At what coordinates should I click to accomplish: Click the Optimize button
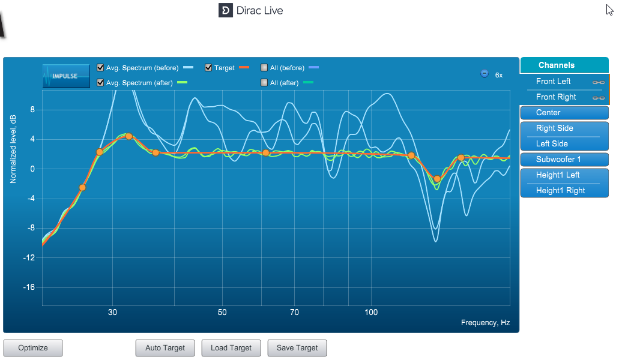(33, 348)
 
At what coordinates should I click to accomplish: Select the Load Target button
(231, 348)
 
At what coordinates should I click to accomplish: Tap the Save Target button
(297, 348)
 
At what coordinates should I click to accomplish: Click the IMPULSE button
(66, 76)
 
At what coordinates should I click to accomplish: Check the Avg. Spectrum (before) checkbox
(100, 68)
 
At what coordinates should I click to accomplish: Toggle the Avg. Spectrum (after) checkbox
(100, 82)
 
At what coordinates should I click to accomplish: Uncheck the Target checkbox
(208, 68)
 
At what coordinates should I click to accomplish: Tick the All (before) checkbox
(264, 68)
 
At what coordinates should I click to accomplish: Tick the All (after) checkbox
(264, 82)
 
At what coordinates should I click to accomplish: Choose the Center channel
(564, 113)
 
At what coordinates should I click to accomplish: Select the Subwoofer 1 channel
(564, 160)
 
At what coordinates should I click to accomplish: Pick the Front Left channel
(564, 81)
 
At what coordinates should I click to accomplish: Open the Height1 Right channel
(564, 191)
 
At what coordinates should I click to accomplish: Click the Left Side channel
(564, 144)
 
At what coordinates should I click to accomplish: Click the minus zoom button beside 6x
(485, 74)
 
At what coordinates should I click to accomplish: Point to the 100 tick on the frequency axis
(371, 313)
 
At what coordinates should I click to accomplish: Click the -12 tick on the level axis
(29, 258)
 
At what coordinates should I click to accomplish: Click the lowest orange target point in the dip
(437, 179)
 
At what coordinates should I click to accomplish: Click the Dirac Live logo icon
(225, 10)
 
